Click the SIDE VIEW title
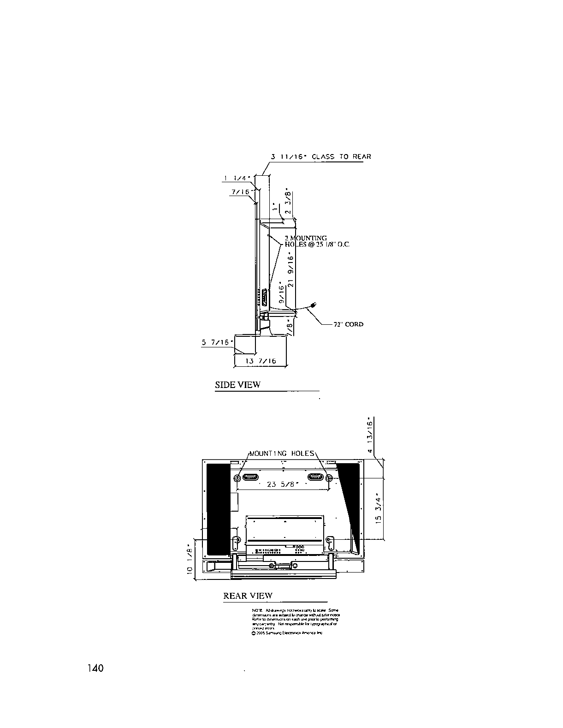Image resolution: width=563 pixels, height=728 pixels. (237, 385)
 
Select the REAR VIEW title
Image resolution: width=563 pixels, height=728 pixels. (248, 596)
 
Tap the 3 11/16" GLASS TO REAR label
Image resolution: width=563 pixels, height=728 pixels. (321, 156)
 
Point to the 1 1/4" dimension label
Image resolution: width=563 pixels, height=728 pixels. (237, 178)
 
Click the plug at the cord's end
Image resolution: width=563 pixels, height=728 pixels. (314, 304)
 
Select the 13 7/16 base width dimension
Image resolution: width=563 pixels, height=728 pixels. (261, 361)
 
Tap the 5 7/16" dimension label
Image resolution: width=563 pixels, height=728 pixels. (215, 342)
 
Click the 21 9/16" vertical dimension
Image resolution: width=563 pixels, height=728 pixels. (290, 272)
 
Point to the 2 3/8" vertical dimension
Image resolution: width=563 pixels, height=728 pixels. (288, 201)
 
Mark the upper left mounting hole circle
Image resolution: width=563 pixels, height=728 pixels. (237, 478)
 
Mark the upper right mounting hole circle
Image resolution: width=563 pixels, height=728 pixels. (328, 478)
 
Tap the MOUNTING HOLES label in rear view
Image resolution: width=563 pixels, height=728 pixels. (282, 454)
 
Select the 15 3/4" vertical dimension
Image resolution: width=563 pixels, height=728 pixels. (379, 509)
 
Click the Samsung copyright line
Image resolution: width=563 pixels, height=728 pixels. (287, 633)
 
